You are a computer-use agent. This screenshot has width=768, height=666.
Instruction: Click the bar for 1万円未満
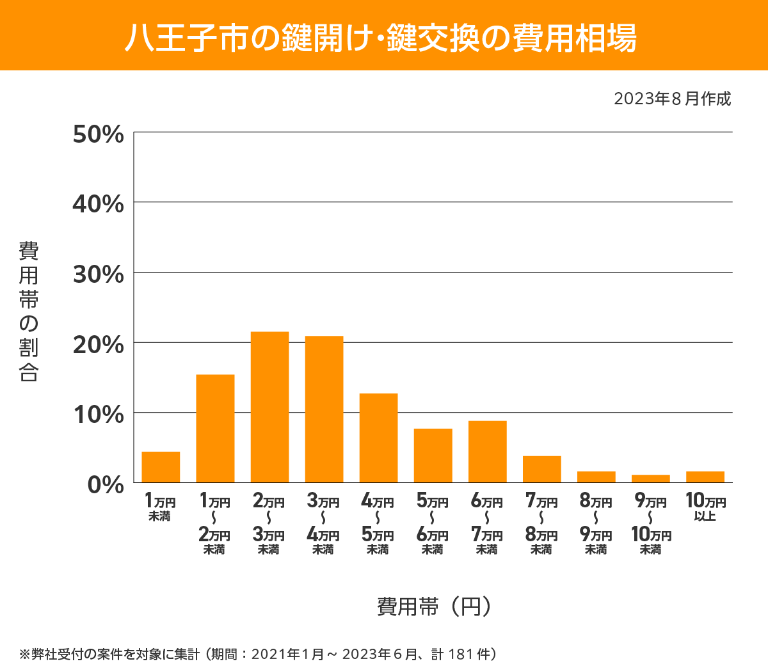pos(161,467)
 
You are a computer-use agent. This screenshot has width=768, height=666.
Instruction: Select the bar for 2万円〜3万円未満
pos(269,407)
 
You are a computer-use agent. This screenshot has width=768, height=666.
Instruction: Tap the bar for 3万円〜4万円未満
pos(324,409)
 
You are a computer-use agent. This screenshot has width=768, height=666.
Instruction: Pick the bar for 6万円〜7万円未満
pos(487,452)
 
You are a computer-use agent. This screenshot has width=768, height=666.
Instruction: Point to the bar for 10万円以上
pos(705,477)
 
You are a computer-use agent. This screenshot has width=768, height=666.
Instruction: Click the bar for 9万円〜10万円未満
pos(650,479)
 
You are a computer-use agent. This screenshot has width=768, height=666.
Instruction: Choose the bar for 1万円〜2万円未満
pos(215,429)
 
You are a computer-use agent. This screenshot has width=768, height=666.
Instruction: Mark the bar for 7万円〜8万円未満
pos(541,469)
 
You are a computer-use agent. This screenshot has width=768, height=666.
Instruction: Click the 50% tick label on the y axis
pos(99,134)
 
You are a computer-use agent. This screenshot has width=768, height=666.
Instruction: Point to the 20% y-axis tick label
pos(99,345)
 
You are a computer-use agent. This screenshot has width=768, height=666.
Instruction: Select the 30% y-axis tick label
pos(99,274)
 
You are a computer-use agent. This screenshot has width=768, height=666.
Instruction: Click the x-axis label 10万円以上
pos(705,507)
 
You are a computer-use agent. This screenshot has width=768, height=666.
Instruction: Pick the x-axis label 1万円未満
pos(160,507)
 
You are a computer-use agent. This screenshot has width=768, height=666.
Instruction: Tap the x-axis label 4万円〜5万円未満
pos(378,525)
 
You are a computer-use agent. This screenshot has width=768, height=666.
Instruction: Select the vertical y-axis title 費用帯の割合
pos(29,312)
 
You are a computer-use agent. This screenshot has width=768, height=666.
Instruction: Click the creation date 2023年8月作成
pos(672,99)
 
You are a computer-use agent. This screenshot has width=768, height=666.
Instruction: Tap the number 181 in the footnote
pos(460,654)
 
